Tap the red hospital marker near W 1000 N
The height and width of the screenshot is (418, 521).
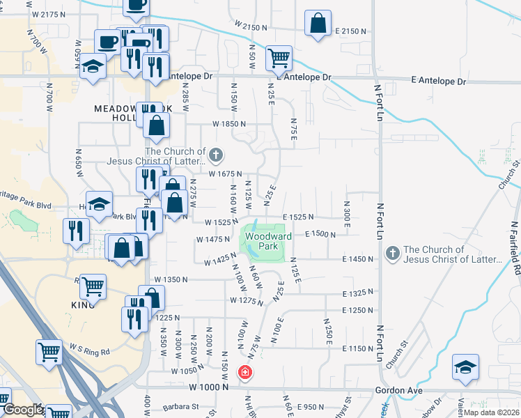[244, 373]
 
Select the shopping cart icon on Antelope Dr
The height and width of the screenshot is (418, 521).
[279, 57]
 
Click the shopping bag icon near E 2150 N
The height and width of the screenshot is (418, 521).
[318, 22]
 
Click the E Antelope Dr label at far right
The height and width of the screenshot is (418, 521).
[439, 82]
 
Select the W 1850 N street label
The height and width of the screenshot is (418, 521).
[230, 124]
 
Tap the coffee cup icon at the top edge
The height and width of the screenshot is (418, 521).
[135, 6]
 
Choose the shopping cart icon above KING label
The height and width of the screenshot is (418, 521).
[92, 286]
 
